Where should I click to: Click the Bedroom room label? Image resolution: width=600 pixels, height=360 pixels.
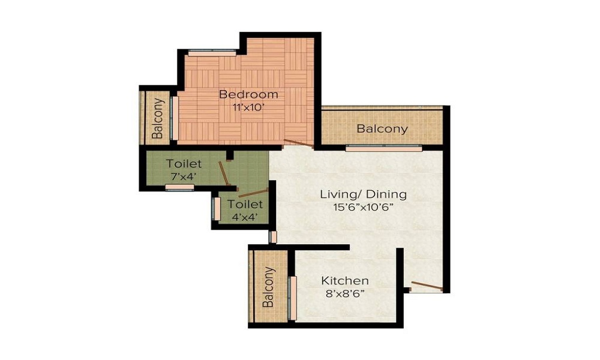tap(248, 94)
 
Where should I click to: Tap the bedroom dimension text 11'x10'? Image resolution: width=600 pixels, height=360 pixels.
tap(248, 107)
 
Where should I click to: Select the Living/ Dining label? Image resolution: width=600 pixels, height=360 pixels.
tap(363, 194)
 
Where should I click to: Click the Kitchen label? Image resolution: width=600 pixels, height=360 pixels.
tap(344, 281)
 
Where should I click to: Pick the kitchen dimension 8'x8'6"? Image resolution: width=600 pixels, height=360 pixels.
tap(344, 294)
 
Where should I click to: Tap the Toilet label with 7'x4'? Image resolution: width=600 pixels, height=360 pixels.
tap(184, 163)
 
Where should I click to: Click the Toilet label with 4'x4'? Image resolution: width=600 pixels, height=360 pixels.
tap(245, 204)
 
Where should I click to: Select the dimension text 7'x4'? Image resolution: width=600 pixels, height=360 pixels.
tap(184, 176)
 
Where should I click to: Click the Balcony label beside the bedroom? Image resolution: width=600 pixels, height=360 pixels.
tap(158, 118)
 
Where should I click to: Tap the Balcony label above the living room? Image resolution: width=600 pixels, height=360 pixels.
tap(382, 129)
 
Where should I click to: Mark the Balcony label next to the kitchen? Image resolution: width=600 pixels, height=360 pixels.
tap(268, 287)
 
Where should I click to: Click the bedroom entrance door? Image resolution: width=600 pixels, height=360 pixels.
tap(298, 143)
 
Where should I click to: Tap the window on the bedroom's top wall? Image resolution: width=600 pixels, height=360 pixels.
tap(211, 52)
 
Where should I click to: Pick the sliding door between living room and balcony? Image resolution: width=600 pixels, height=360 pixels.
tap(383, 147)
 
